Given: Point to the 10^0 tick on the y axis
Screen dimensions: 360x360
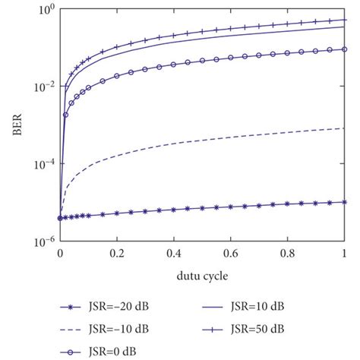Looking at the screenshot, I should pos(45,10).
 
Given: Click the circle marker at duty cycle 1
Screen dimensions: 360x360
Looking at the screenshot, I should pos(344,49).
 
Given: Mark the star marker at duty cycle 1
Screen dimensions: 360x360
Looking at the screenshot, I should pos(344,202).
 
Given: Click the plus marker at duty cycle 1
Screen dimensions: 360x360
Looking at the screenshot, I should pos(344,21).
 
